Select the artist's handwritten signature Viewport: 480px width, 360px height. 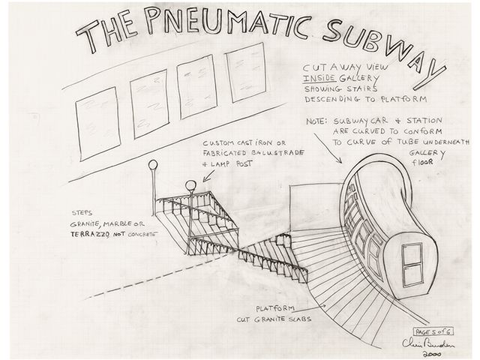(435, 342)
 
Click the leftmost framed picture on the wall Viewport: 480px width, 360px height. (99, 123)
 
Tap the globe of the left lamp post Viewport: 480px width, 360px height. (153, 165)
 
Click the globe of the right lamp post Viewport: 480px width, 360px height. (190, 185)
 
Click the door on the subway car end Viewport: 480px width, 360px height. (412, 266)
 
